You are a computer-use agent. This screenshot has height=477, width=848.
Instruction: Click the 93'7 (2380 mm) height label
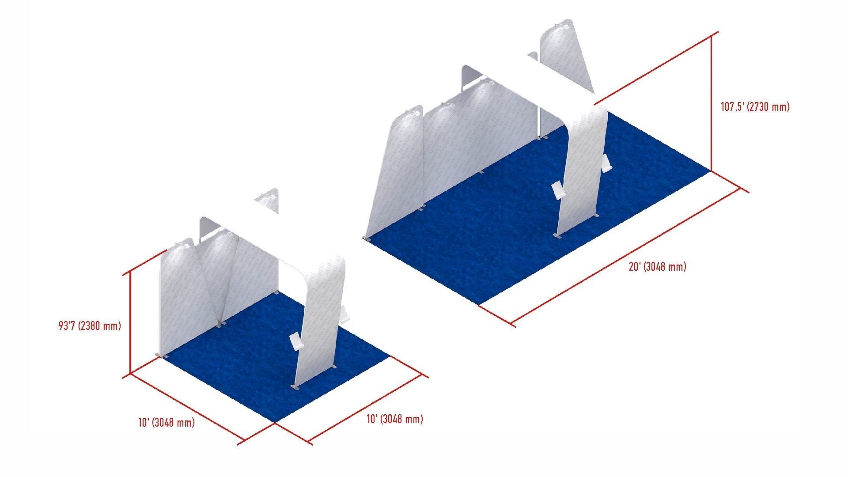(x=90, y=326)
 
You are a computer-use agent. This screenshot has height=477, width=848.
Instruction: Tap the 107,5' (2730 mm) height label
(x=755, y=107)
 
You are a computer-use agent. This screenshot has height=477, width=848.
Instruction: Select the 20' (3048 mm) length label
(x=657, y=267)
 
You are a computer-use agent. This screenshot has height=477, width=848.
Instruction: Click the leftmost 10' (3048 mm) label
(x=167, y=423)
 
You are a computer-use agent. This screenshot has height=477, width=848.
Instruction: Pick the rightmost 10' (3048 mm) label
(x=394, y=419)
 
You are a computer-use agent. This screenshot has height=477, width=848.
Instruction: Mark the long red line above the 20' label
(x=627, y=256)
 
